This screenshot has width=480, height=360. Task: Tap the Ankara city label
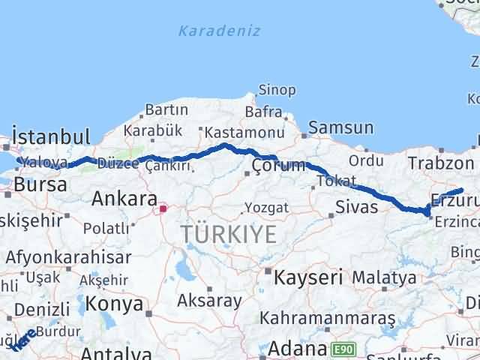[124, 199]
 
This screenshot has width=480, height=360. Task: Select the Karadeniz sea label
[219, 31]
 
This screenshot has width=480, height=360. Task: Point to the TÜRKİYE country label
[228, 235]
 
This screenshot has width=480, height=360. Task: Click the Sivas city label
[357, 206]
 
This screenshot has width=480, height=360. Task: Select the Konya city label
[115, 304]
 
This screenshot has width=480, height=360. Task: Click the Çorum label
[278, 165]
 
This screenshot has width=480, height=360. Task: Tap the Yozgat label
[267, 206]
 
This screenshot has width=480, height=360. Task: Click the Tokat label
[332, 181]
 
